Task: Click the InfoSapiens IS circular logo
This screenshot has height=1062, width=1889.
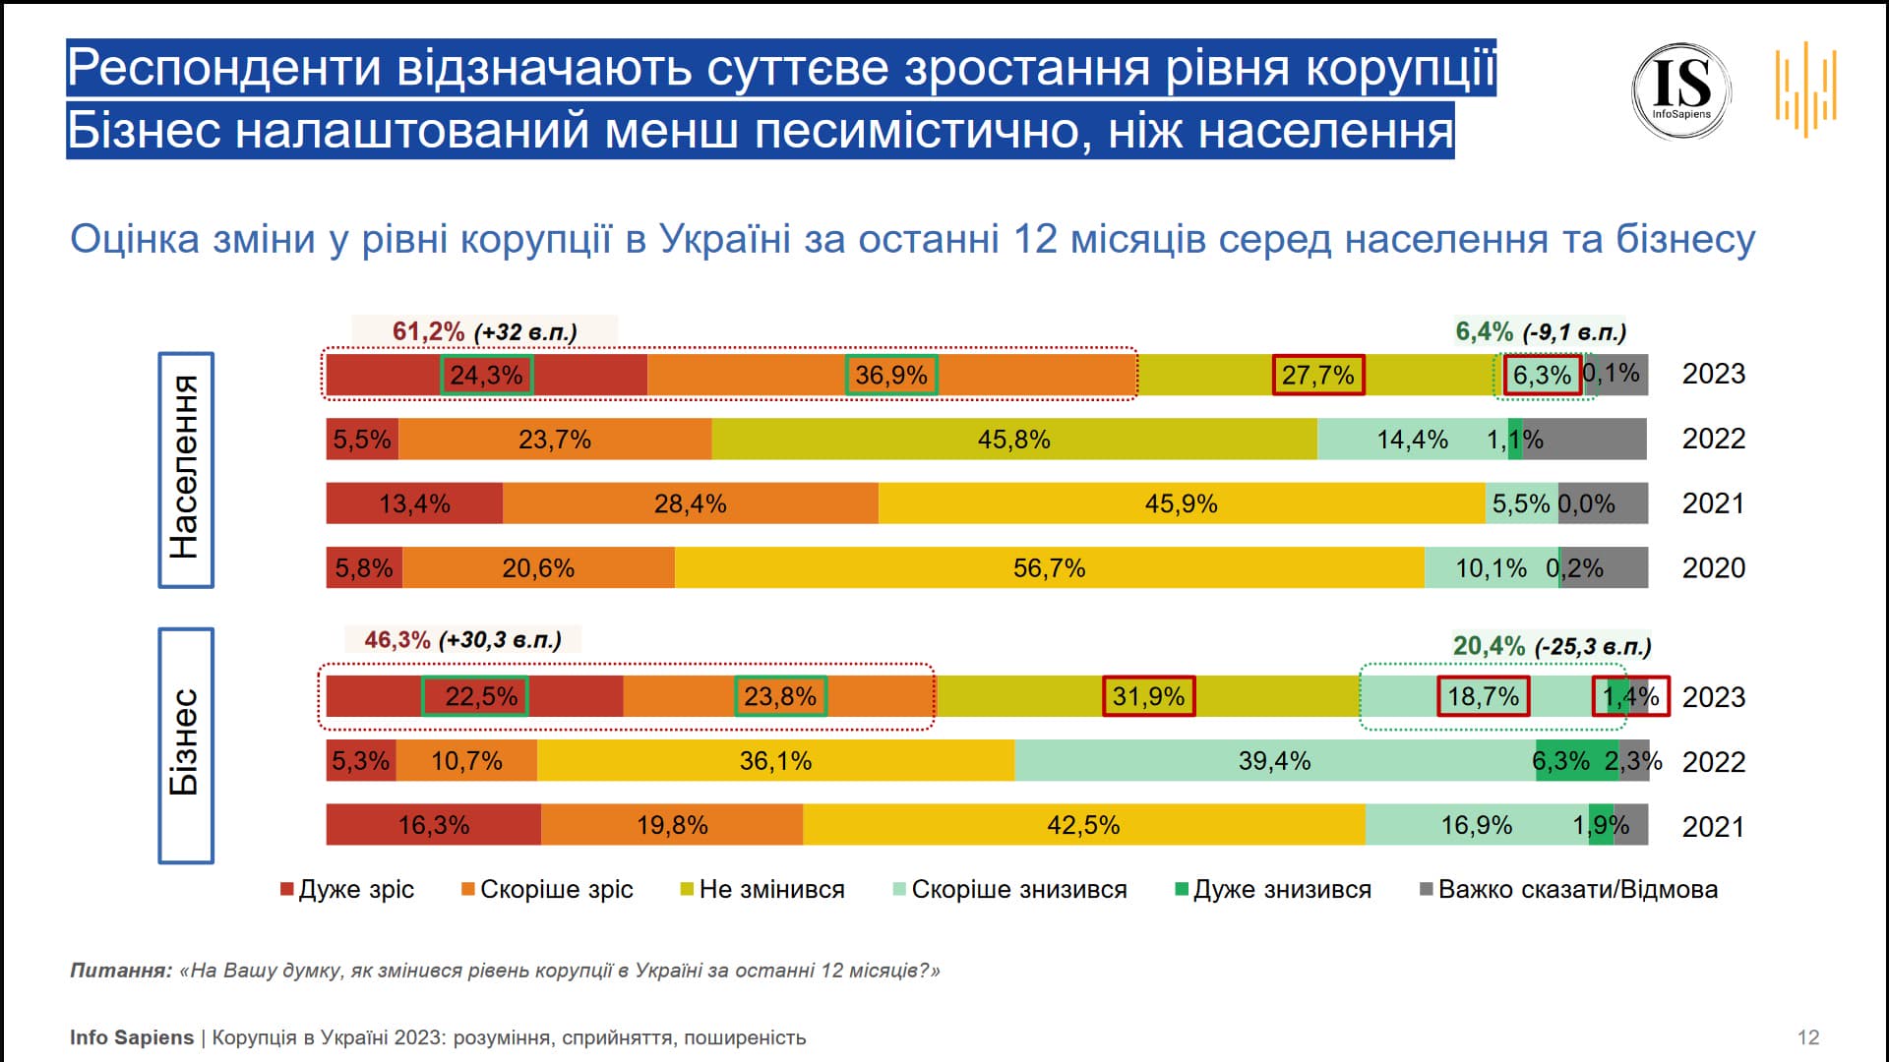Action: (x=1681, y=90)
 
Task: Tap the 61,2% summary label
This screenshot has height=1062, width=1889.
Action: (x=428, y=331)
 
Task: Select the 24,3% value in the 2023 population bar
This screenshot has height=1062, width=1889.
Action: (x=486, y=375)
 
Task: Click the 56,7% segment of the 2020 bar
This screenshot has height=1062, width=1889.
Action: (x=1049, y=568)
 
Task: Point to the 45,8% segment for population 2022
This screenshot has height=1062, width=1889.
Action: (x=1013, y=440)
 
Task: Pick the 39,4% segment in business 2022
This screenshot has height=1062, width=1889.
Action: (x=1274, y=761)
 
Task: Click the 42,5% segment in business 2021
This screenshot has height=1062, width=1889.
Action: (x=1082, y=825)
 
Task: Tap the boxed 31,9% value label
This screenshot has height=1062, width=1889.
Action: (x=1148, y=696)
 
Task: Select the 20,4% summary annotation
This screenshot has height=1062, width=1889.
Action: (x=1489, y=646)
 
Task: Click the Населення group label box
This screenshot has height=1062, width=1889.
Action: (x=186, y=470)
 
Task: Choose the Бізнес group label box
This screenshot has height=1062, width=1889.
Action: (x=186, y=745)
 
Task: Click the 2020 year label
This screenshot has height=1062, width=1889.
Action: (x=1713, y=568)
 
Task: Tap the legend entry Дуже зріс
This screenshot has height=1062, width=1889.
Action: (x=348, y=890)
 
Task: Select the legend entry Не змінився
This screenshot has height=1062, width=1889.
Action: (x=763, y=890)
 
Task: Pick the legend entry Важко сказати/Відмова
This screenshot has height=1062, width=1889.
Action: (x=1569, y=890)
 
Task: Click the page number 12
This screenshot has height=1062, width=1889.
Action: (x=1807, y=1037)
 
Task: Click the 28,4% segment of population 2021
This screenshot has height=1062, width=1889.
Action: (x=690, y=504)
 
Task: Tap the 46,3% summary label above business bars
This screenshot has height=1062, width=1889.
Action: (x=397, y=640)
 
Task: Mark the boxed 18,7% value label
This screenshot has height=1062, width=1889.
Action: (x=1483, y=696)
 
